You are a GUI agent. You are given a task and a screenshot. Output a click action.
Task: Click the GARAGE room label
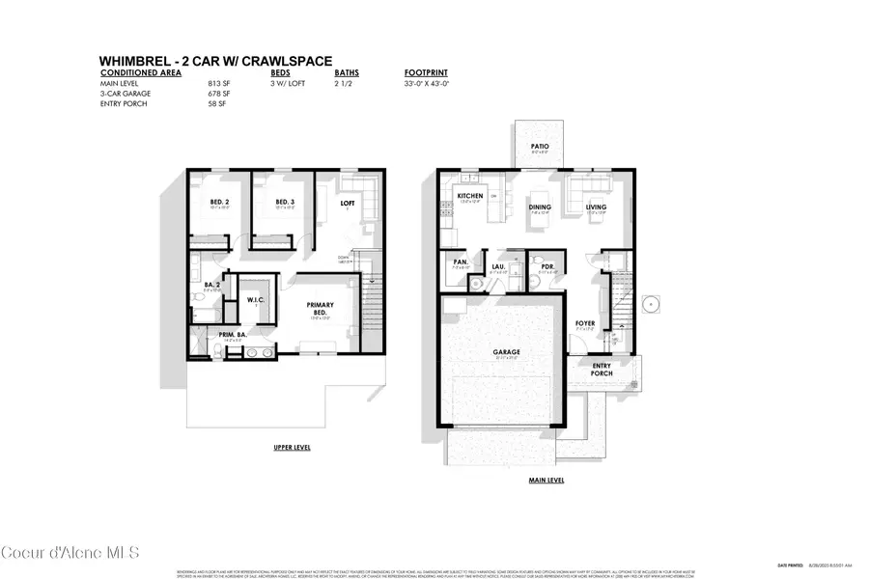[x=506, y=352]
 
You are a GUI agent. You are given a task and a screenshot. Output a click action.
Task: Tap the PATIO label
[x=539, y=147]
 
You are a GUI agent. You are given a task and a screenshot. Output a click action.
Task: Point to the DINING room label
[x=539, y=207]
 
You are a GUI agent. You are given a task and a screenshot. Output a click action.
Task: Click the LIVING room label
[x=597, y=207]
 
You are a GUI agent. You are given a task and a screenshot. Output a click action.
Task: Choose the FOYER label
[x=586, y=323]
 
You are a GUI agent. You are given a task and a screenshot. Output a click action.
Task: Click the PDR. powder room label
[x=546, y=266]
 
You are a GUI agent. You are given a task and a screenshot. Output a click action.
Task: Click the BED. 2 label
[x=219, y=203]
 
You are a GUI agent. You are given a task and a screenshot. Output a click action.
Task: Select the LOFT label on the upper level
[x=348, y=203]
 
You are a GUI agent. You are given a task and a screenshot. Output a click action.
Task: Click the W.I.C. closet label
[x=257, y=299]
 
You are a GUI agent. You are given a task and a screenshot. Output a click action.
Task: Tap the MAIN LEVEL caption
[x=546, y=480]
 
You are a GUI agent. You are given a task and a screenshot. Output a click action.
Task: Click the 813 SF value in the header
[x=215, y=84]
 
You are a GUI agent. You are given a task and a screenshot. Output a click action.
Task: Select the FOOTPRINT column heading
[x=424, y=72]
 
